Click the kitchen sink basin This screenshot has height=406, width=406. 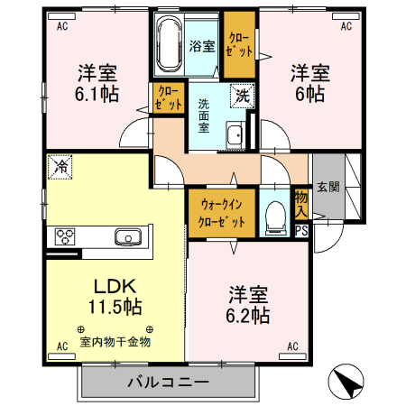[x=126, y=237]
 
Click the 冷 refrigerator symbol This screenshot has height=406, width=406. [x=60, y=166]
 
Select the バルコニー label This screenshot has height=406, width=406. [x=161, y=383]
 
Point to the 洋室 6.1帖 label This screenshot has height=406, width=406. [x=94, y=80]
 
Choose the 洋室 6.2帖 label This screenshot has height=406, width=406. [x=247, y=305]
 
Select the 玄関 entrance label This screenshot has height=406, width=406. [x=329, y=187]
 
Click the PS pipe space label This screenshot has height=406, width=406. [x=301, y=230]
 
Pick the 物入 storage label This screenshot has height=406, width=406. [x=301, y=203]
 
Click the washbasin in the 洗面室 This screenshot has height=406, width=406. [x=235, y=136]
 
